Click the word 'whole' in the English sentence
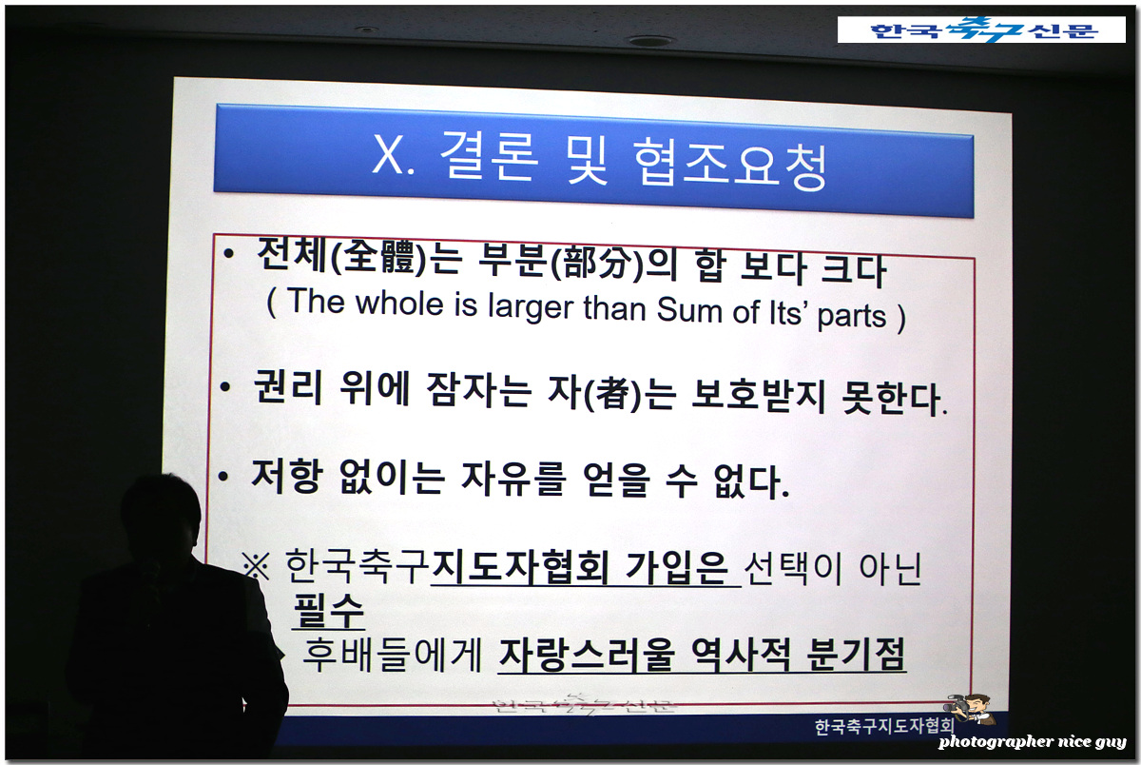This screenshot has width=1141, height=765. pyautogui.click(x=399, y=304)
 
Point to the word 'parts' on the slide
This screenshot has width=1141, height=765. pyautogui.click(x=852, y=317)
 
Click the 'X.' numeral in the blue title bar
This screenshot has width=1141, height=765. pyautogui.click(x=394, y=154)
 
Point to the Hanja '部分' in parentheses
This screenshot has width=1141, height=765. pyautogui.click(x=597, y=263)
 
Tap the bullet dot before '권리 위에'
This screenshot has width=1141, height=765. pyautogui.click(x=224, y=386)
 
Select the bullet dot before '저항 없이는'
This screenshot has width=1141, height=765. pyautogui.click(x=222, y=477)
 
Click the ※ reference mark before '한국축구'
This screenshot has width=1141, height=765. pyautogui.click(x=256, y=566)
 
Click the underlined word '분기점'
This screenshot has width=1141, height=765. pyautogui.click(x=857, y=655)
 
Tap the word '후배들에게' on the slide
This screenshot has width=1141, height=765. pyautogui.click(x=392, y=654)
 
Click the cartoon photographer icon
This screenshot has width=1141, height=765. pyautogui.click(x=970, y=709)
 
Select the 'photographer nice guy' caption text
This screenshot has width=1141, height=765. pyautogui.click(x=1032, y=741)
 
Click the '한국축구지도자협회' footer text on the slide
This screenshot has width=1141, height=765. pyautogui.click(x=884, y=726)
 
